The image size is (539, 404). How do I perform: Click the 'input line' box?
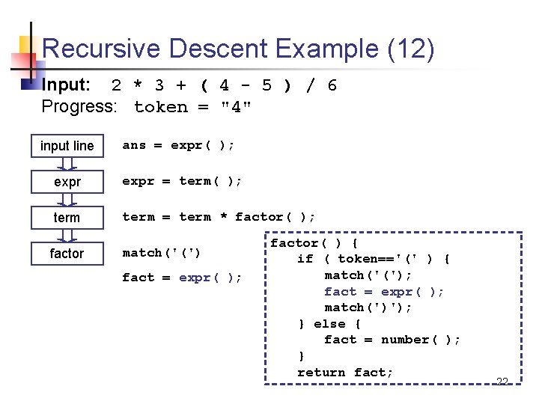67,146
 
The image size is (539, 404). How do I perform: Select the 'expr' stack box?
67,182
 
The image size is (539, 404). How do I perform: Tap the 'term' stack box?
67,218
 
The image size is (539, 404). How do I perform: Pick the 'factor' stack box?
67,254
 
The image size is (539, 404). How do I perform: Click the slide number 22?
502,382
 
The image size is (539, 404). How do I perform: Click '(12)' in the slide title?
410,49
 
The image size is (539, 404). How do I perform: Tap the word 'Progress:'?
79,107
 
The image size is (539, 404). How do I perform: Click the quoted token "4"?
236,107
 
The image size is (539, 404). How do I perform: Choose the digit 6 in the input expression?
332,85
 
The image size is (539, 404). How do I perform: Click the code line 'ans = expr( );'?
178,145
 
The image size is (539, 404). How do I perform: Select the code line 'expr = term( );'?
182,181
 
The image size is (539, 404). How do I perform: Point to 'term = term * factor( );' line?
219,217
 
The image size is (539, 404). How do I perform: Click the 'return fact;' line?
345,372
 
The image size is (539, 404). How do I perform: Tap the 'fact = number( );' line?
392,340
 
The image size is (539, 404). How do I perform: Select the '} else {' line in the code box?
329,324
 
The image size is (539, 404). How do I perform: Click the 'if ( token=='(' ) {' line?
374,259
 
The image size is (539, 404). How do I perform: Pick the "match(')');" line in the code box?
368,307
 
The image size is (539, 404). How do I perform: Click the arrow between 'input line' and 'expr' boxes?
67,164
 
